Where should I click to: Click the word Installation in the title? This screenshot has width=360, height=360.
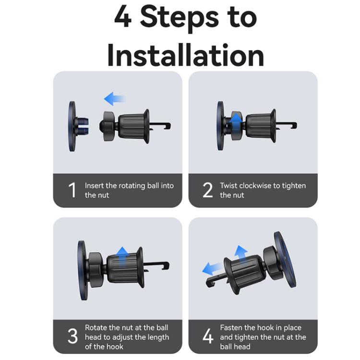click(x=185, y=55)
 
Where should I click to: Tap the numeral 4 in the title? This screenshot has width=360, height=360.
click(x=123, y=16)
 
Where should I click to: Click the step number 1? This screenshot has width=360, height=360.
click(x=72, y=190)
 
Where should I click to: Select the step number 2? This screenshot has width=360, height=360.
click(x=208, y=190)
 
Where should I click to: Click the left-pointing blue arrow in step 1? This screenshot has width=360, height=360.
click(x=115, y=99)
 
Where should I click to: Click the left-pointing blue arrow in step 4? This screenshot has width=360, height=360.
click(x=212, y=268)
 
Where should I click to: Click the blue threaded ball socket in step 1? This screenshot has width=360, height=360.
click(x=82, y=126)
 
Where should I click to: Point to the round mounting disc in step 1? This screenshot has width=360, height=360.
click(x=72, y=126)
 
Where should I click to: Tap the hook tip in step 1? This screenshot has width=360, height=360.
click(x=169, y=126)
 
